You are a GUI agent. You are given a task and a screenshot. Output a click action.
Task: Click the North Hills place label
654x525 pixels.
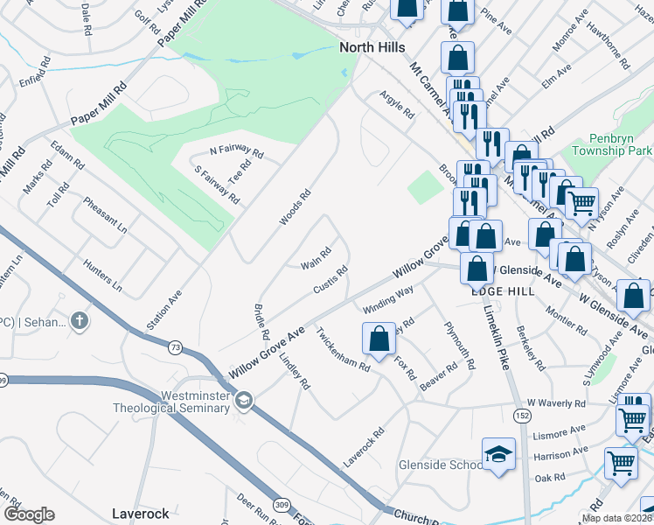pos(372,49)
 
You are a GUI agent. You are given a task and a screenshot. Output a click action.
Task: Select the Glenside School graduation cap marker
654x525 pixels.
pos(498,454)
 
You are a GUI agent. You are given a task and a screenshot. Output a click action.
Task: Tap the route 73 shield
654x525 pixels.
pos(176,348)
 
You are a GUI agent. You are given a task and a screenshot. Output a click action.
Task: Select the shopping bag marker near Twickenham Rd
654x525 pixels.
pos(379,338)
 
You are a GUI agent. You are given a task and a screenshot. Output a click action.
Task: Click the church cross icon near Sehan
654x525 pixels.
pos(80,321)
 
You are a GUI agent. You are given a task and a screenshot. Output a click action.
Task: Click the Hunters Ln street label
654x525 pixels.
pos(101,274)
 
